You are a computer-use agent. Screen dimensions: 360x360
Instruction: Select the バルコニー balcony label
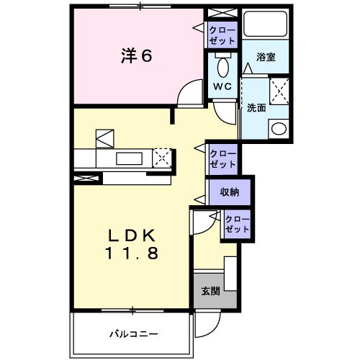(134, 333)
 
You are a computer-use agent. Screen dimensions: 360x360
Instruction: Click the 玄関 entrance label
(210, 291)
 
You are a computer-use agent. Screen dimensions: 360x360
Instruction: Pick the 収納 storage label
(230, 192)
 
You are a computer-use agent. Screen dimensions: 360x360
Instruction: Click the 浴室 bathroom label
(266, 57)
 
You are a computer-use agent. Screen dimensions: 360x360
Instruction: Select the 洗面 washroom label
(256, 108)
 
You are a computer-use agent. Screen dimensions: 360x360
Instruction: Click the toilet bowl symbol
(222, 68)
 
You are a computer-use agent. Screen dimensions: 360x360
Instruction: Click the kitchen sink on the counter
(130, 157)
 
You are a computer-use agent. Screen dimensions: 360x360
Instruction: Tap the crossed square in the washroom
(278, 93)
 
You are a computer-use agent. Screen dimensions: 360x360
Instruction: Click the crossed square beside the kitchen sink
(163, 157)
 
